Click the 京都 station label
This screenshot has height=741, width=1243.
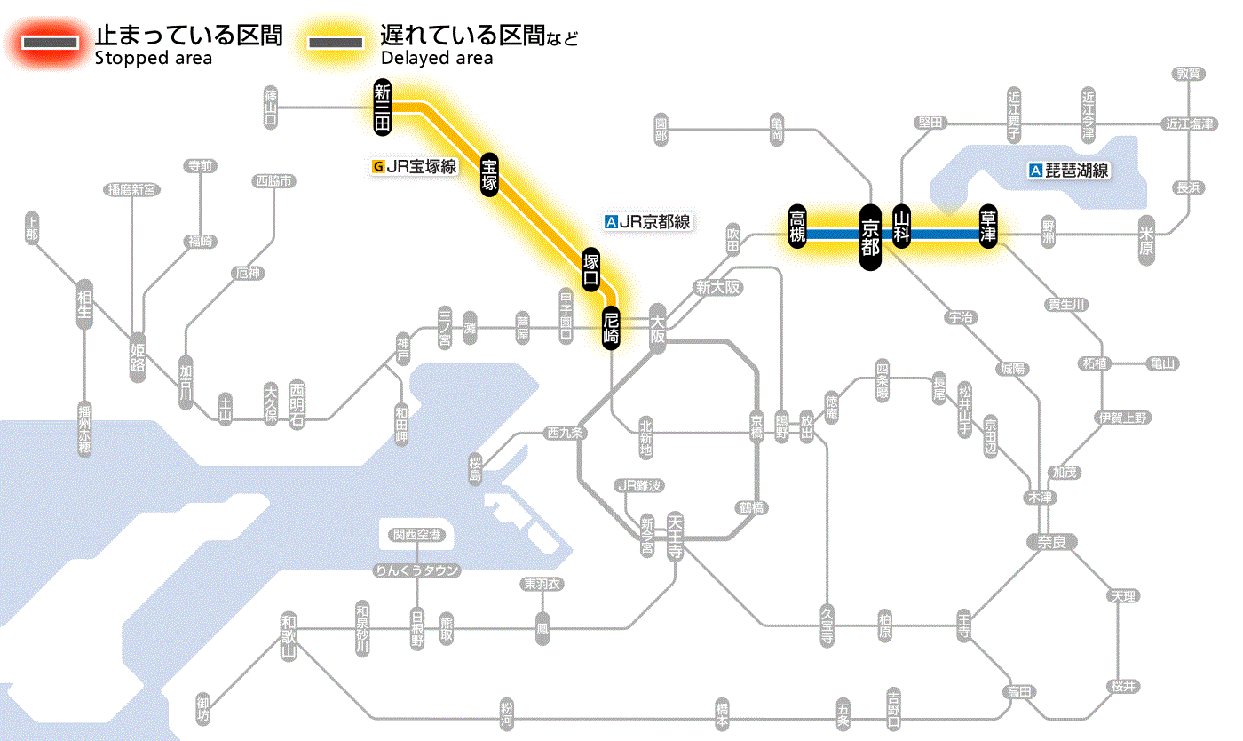[x=870, y=236]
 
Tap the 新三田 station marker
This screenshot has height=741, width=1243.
[x=383, y=108]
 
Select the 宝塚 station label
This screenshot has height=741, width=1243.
[x=489, y=174]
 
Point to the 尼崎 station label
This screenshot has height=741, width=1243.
[x=611, y=329]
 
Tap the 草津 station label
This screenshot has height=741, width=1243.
[x=988, y=226]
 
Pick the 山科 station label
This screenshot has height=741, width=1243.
[x=902, y=226]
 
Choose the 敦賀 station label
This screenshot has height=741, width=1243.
[x=1188, y=74]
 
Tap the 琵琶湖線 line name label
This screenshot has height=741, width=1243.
[x=1070, y=171]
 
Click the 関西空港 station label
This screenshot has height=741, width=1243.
[x=416, y=535]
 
